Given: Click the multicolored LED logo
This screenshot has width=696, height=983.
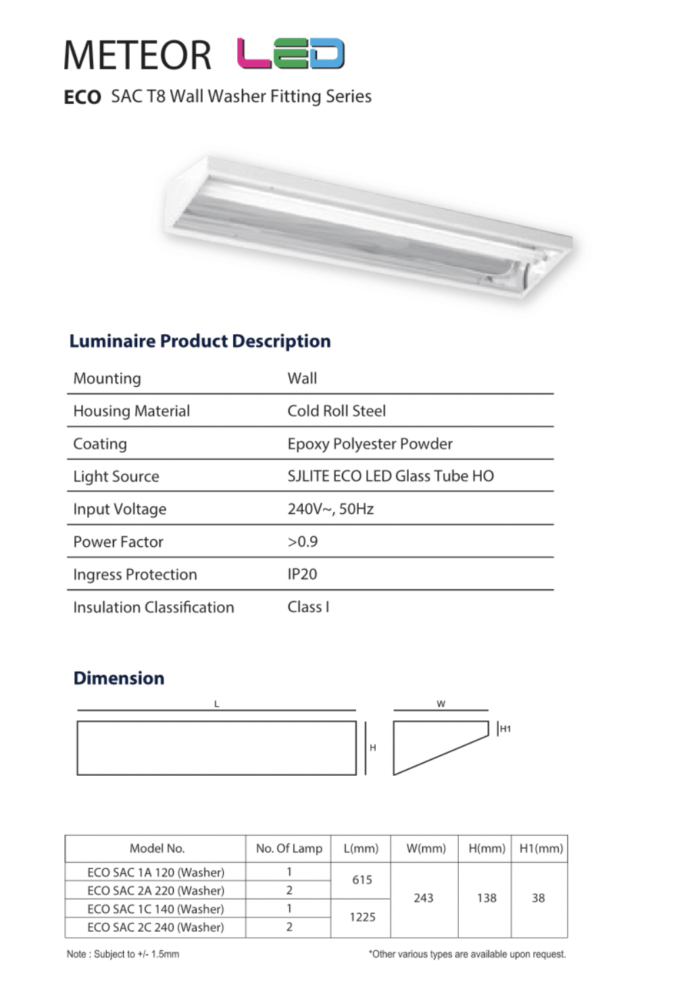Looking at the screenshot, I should [291, 54].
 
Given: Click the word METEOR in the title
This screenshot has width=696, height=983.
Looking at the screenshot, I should [137, 55].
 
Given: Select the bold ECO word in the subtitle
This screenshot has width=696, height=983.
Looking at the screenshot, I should [82, 98].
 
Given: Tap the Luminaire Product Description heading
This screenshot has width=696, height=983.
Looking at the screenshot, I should [200, 341].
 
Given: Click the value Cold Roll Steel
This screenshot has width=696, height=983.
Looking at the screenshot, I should [337, 411].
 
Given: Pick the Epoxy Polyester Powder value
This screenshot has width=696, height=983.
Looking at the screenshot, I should [370, 444].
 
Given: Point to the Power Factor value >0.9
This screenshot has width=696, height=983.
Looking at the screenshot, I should [302, 541].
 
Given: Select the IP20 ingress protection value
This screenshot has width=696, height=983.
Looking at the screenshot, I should [302, 574].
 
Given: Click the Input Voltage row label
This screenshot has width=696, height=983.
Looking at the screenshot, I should [120, 509].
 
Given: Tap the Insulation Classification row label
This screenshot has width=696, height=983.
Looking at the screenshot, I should [153, 607].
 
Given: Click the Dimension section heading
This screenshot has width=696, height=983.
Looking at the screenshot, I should [119, 678].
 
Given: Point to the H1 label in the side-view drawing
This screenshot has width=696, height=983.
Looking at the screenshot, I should [505, 729].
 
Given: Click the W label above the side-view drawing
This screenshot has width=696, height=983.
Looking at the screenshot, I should [441, 703].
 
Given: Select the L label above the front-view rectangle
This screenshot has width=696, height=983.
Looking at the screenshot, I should [216, 703].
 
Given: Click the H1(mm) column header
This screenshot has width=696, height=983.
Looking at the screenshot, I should [541, 849].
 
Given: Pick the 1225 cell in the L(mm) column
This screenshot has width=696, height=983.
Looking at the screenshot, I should [362, 917].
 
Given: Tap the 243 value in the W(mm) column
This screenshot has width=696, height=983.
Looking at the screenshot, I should [424, 898].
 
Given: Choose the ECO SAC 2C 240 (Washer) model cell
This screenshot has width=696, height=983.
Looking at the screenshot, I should [155, 927].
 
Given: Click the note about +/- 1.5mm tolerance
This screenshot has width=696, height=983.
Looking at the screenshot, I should [123, 954].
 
